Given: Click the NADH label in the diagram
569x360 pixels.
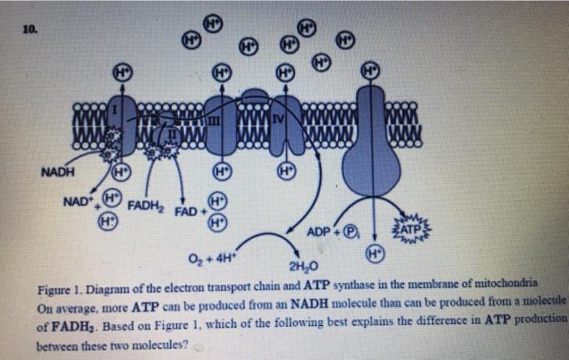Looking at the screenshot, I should (57, 173).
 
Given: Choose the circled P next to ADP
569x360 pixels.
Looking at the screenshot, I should (350, 232).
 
